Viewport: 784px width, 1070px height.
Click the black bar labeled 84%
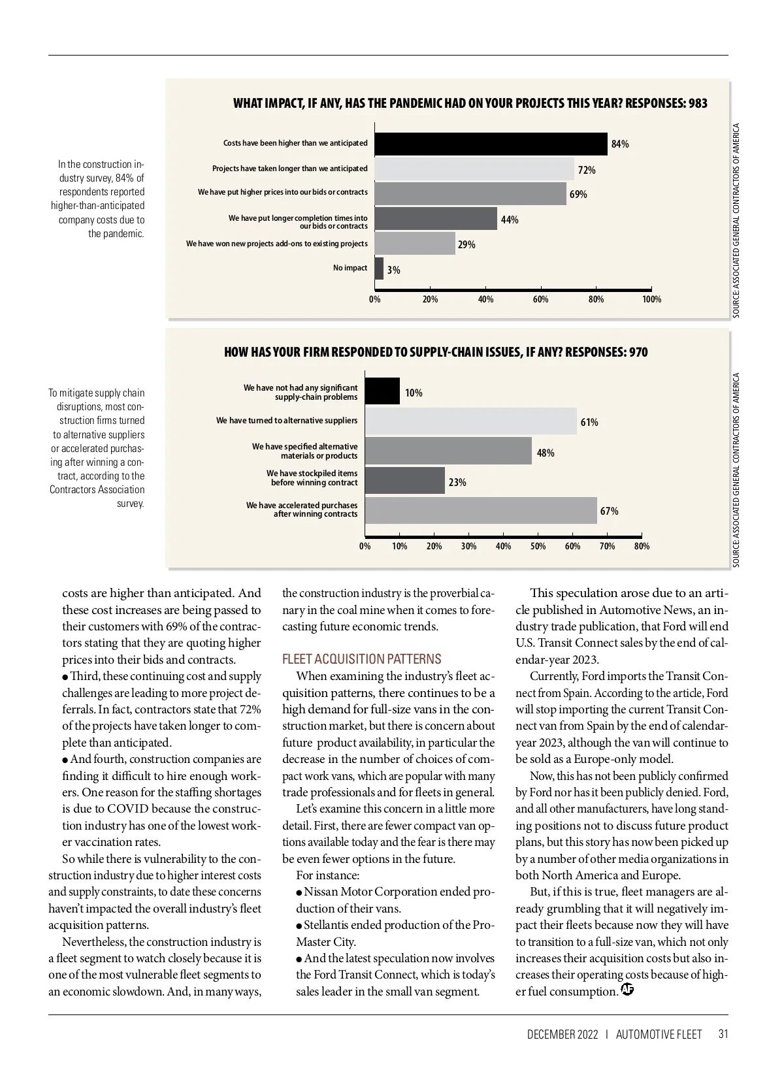pyautogui.click(x=491, y=144)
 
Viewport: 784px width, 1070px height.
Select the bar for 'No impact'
pyautogui.click(x=379, y=268)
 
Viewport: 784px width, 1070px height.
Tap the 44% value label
pyautogui.click(x=510, y=220)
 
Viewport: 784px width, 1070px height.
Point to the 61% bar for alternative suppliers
pyautogui.click(x=470, y=421)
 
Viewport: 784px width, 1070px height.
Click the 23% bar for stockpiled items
pyautogui.click(x=404, y=481)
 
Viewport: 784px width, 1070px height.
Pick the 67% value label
pyautogui.click(x=609, y=511)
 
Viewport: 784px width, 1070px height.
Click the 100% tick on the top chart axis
pyautogui.click(x=651, y=299)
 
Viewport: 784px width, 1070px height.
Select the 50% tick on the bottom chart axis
pyautogui.click(x=538, y=546)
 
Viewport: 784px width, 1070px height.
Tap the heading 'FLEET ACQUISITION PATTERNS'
pyautogui.click(x=361, y=659)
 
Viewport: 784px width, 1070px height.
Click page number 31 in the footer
pyautogui.click(x=723, y=1034)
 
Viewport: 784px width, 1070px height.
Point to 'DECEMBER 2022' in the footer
pyautogui.click(x=562, y=1034)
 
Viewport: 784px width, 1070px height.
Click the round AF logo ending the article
pyautogui.click(x=627, y=990)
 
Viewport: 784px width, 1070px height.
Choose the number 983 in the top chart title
pyautogui.click(x=698, y=103)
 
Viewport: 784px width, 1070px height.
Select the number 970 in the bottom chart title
pyautogui.click(x=638, y=353)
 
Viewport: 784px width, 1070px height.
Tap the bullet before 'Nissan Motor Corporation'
pyautogui.click(x=299, y=892)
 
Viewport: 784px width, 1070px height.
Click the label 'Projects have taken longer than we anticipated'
pyautogui.click(x=289, y=169)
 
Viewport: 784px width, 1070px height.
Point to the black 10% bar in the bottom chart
pyautogui.click(x=382, y=391)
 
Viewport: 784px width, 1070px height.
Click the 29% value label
pyautogui.click(x=466, y=245)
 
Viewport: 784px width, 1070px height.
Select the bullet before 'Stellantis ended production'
pyautogui.click(x=299, y=926)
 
